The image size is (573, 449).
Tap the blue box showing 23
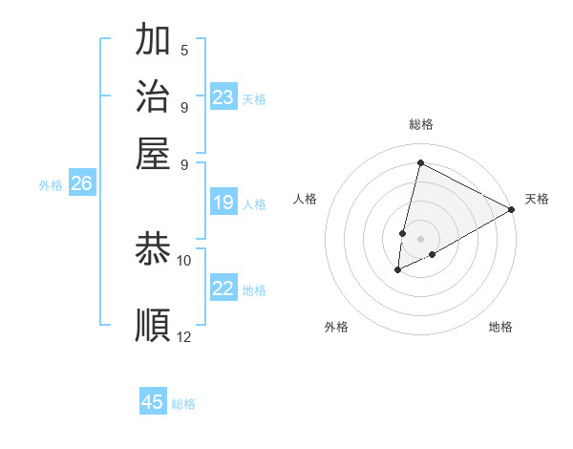pos(223,97)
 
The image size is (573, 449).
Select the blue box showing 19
pos(223,203)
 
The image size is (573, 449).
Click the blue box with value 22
pos(223,289)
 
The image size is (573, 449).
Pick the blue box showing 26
pos(81,184)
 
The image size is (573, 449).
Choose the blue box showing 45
pos(153,402)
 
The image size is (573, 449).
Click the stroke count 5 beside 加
pos(184,50)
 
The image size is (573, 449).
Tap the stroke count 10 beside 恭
pos(184,260)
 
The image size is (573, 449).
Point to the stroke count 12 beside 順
pos(184,336)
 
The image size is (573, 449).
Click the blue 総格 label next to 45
pos(183,404)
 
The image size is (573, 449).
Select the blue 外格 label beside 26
pos(51,186)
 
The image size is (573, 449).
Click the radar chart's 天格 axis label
pos(537,199)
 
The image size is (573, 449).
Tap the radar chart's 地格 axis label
pos(500,327)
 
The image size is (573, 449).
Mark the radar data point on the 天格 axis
pos(512,209)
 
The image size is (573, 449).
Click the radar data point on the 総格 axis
pos(420,162)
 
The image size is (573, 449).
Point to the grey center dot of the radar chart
pos(420,238)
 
